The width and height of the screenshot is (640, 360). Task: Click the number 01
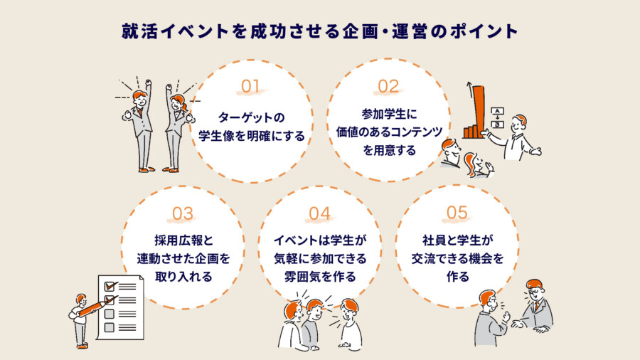point(250,86)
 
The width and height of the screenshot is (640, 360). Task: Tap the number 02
point(389,86)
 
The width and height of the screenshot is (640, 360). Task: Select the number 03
point(183,213)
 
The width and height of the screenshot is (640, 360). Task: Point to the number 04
point(320,213)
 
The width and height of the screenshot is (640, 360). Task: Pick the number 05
point(457,212)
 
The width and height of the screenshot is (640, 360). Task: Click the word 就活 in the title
point(133,32)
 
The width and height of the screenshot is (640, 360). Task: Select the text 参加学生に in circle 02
point(388,112)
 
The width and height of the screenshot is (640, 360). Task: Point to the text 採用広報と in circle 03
point(183,240)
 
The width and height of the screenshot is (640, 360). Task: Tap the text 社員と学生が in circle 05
point(457,240)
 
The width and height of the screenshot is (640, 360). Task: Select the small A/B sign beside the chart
point(498,117)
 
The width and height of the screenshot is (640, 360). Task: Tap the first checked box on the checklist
point(110,286)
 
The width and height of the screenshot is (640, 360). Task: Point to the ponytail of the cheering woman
point(187,108)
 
